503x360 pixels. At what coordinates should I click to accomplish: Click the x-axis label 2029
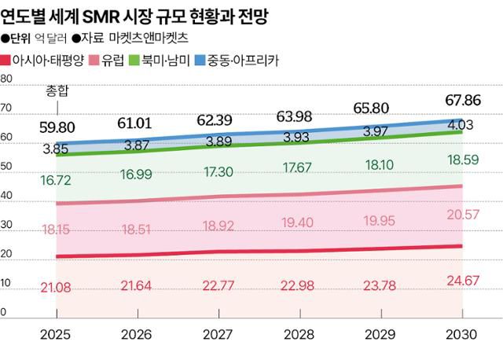click(x=381, y=334)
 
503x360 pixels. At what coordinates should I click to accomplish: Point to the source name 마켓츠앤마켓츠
click(x=158, y=38)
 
